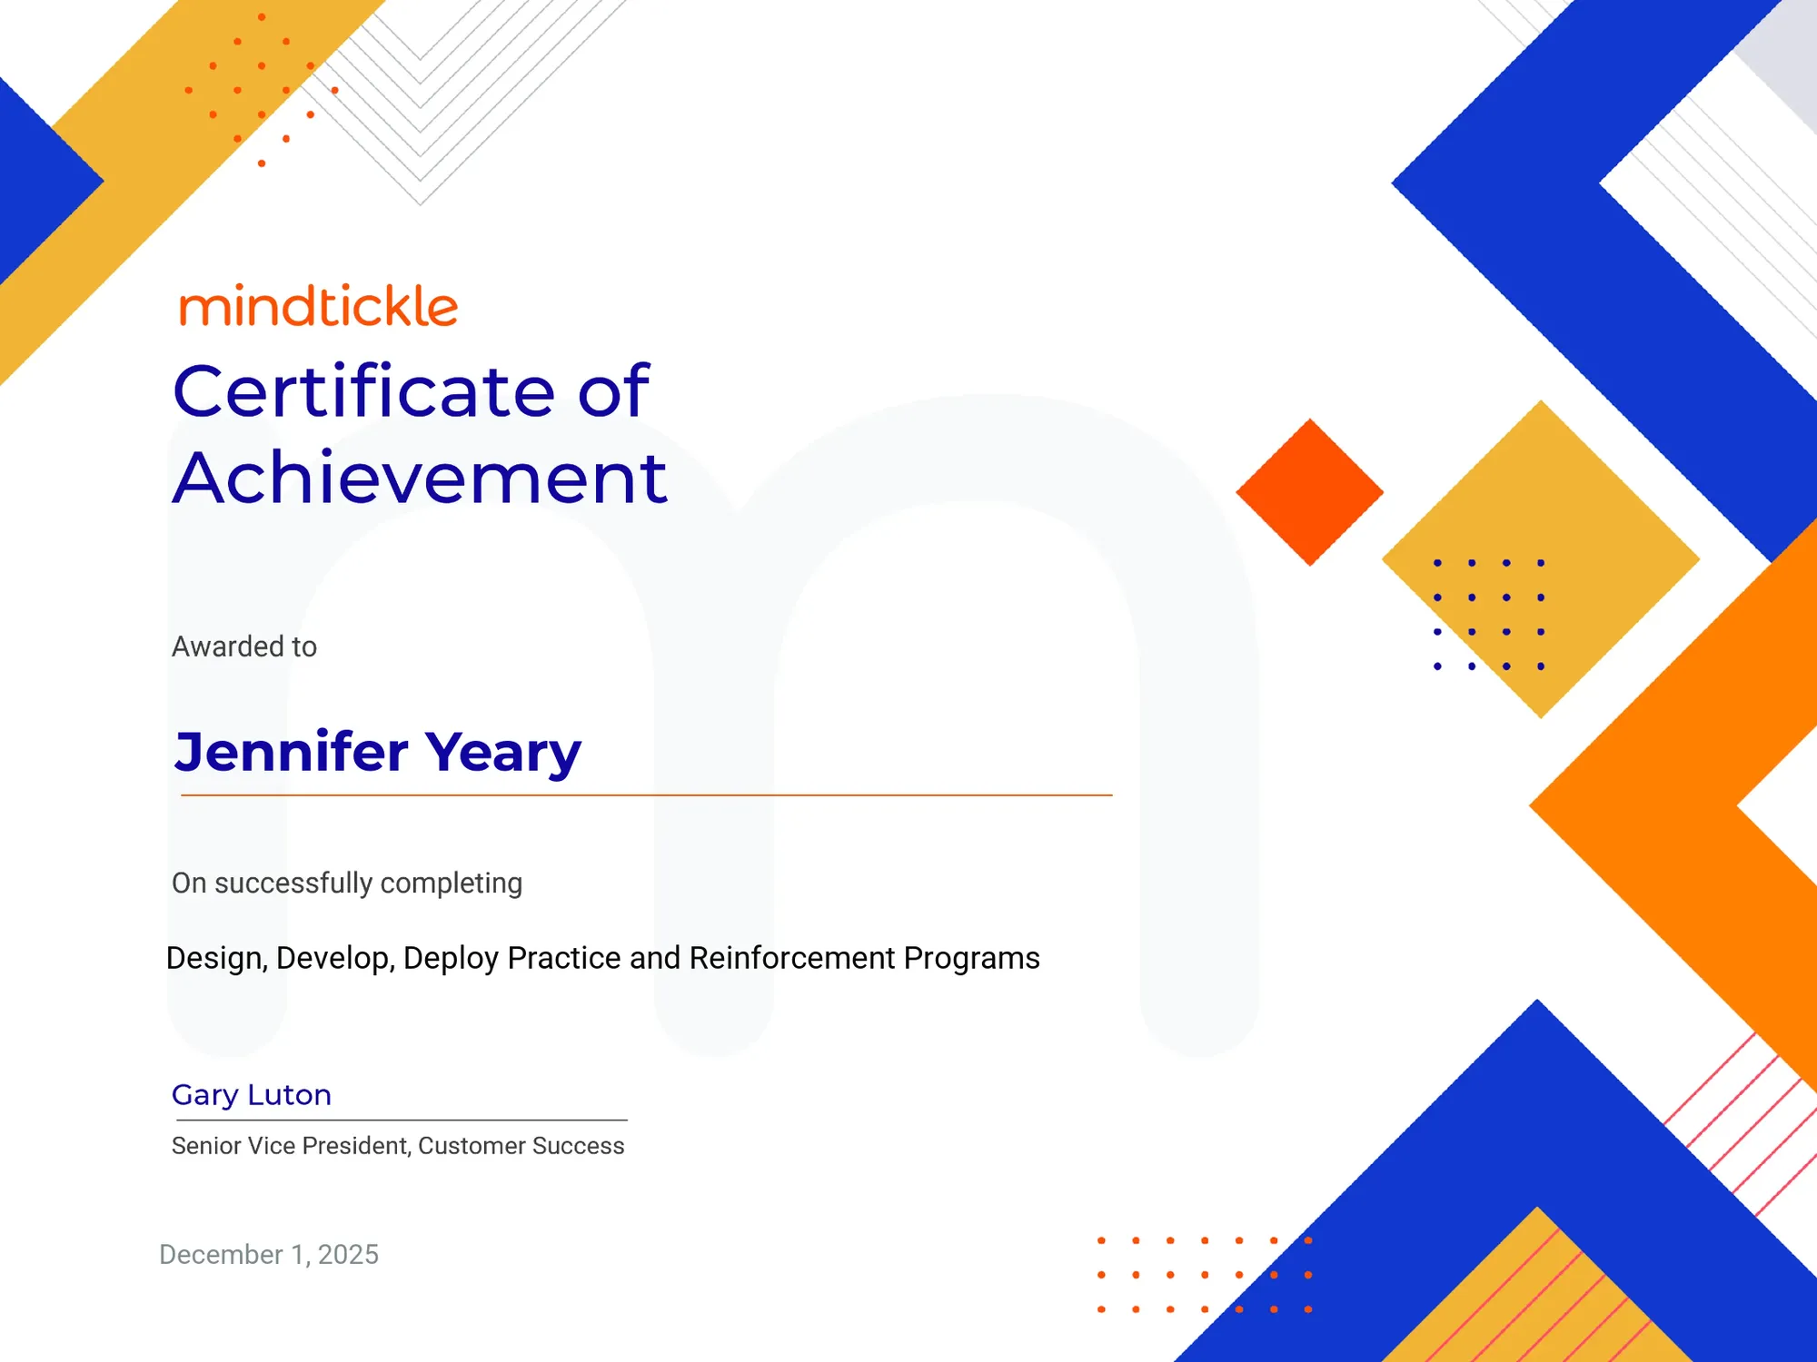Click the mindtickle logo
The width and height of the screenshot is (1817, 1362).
[x=319, y=306]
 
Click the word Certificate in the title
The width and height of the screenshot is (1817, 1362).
[x=363, y=391]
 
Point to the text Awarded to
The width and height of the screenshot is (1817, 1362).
[x=244, y=646]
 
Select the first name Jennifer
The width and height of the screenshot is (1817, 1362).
[x=292, y=752]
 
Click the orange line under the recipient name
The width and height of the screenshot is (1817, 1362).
[x=646, y=795]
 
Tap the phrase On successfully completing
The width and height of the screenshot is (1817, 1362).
[x=347, y=883]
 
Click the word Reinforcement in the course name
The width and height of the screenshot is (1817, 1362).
[x=792, y=958]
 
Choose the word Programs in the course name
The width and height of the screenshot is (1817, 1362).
[x=972, y=959]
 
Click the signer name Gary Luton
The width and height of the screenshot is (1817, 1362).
[x=252, y=1095]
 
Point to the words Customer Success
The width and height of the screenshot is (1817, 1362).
[x=521, y=1146]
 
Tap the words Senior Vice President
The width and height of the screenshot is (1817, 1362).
[x=291, y=1147]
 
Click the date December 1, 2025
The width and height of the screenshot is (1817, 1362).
[x=269, y=1255]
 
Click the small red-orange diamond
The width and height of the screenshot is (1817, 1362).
[x=1310, y=492]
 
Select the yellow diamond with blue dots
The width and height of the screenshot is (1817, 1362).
[x=1541, y=559]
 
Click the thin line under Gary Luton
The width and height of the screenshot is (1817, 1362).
[x=402, y=1120]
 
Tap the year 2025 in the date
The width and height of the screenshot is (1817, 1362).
[x=348, y=1255]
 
